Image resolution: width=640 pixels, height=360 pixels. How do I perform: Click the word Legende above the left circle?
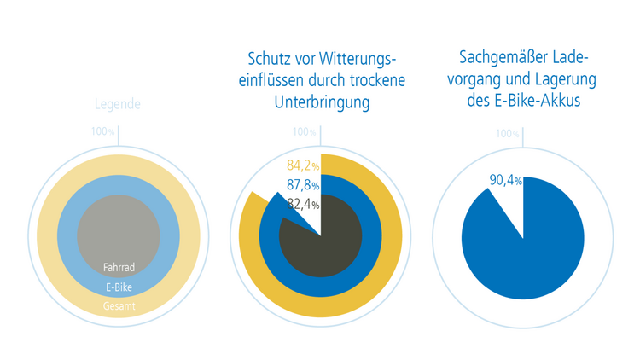(118, 105)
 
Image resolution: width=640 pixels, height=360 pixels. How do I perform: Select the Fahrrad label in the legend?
(119, 267)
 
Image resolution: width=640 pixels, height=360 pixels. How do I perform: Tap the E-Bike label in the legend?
(119, 287)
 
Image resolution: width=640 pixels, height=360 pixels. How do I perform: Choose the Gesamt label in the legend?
(119, 305)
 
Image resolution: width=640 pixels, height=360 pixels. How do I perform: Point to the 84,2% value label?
(303, 165)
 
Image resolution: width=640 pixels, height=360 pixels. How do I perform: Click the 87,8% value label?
(303, 185)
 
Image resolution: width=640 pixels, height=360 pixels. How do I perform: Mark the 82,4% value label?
(303, 205)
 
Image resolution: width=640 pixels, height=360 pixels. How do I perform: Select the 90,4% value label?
(506, 181)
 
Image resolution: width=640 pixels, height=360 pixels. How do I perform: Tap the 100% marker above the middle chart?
(304, 132)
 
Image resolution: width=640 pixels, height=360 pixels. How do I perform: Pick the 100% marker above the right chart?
(507, 134)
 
